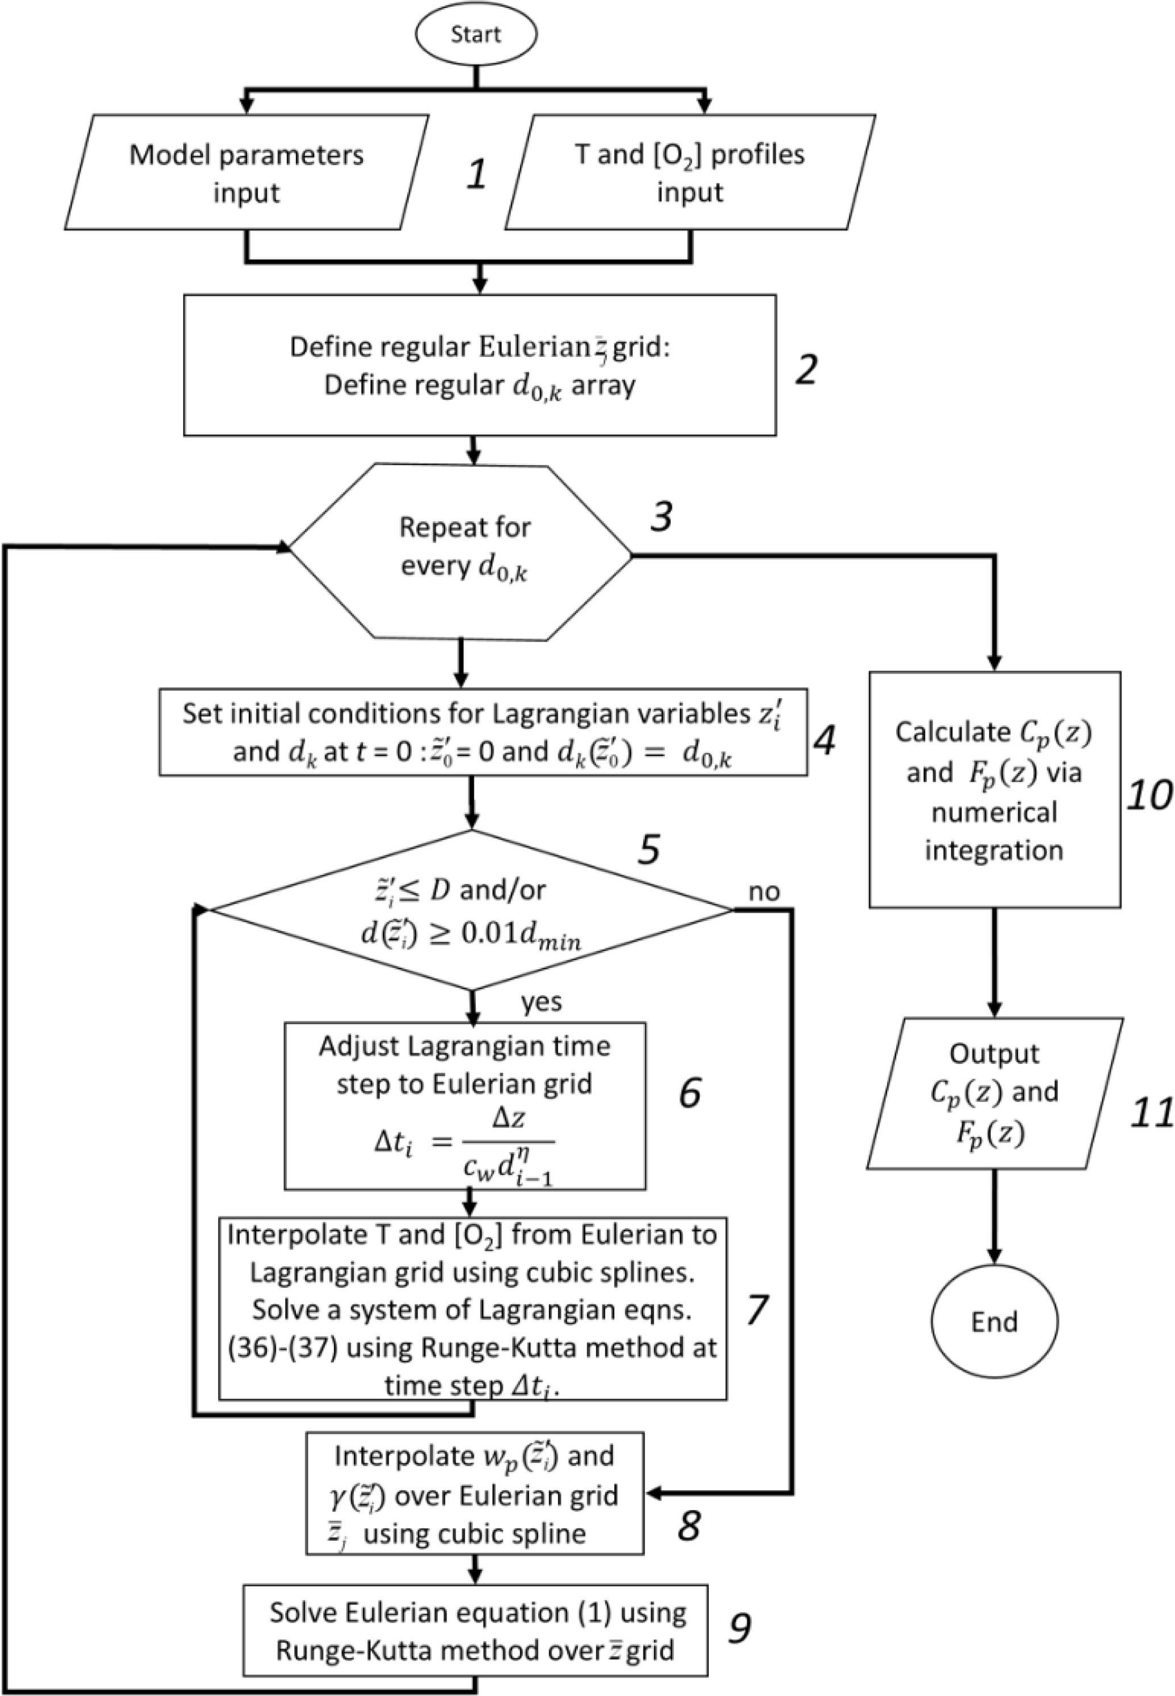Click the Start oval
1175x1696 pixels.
476,35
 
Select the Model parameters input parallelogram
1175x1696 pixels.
247,173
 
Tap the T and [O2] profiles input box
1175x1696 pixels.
690,173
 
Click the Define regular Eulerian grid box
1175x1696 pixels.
480,365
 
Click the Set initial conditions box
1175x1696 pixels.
483,733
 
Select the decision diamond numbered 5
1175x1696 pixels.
471,911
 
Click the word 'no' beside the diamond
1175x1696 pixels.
763,892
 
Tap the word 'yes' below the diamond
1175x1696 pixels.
541,1002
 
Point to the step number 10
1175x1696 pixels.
1148,795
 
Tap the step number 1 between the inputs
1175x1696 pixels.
476,174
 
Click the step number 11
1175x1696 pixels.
1151,1114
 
